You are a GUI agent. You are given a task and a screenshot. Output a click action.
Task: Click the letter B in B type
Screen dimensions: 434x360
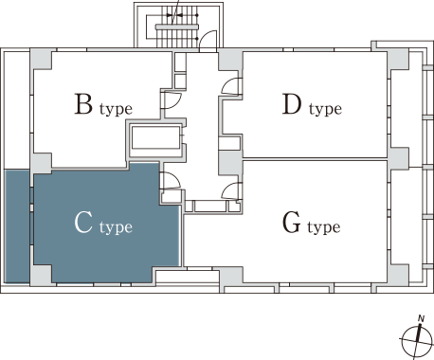coord(83,103)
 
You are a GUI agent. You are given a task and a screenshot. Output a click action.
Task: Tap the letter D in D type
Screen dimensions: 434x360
coord(292,103)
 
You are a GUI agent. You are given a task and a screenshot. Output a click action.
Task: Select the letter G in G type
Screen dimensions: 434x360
coord(291,223)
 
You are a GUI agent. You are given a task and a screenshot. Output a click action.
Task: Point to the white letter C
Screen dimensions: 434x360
coord(83,223)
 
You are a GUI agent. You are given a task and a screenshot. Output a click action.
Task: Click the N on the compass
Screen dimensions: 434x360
coord(421,318)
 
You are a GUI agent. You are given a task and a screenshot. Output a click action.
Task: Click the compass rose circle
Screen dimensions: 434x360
coord(417,342)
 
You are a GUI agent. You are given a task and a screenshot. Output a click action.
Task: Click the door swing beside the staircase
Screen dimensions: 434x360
coord(208,41)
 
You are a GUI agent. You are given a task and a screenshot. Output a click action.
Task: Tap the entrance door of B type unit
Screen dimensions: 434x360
coord(171,99)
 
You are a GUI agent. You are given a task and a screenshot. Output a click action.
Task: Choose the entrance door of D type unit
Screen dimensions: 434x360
coord(231,86)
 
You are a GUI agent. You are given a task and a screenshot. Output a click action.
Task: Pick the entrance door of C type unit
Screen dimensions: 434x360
coord(171,181)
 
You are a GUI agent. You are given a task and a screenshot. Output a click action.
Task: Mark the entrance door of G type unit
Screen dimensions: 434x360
coord(231,190)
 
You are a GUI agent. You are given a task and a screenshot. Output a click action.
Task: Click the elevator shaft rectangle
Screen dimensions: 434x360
coord(155,137)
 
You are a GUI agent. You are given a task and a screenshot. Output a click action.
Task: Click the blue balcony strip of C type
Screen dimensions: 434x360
coord(17,226)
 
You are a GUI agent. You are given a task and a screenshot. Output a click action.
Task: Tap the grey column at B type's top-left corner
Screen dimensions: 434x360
coord(41,59)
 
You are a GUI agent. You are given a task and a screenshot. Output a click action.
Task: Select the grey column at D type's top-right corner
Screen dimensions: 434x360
coord(398,59)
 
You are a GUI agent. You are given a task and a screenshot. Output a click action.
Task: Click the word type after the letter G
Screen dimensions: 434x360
coord(324,227)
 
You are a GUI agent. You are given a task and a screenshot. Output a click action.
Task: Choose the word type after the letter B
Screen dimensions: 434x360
coord(116,109)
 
